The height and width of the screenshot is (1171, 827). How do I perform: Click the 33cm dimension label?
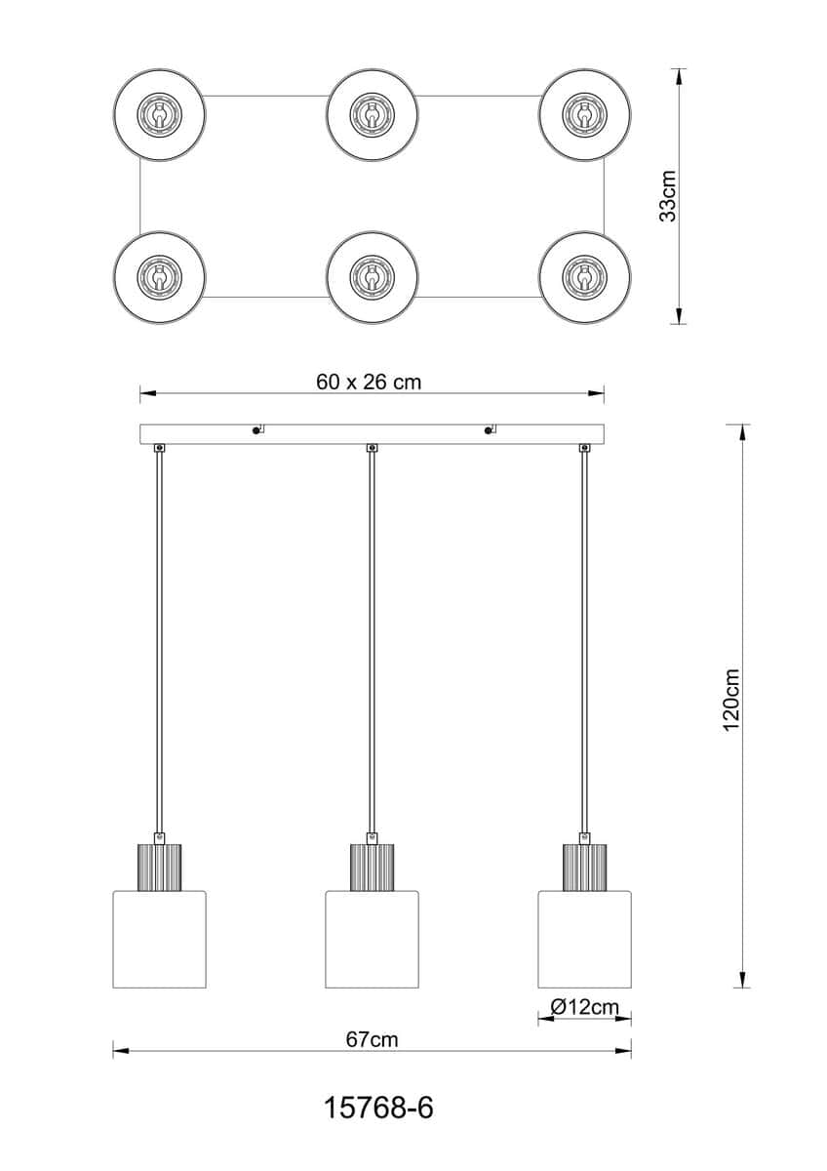click(667, 196)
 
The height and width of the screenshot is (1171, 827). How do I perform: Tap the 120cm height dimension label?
click(731, 701)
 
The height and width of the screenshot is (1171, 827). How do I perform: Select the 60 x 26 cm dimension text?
click(369, 383)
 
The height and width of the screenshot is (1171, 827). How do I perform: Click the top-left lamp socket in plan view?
click(159, 113)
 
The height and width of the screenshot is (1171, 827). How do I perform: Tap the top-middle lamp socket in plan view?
click(372, 113)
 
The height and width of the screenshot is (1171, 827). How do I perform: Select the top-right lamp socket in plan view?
click(584, 113)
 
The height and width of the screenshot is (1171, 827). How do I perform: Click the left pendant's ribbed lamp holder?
click(159, 868)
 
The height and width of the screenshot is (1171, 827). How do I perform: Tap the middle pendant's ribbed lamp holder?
click(372, 868)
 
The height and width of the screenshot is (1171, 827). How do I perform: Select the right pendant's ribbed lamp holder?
click(584, 868)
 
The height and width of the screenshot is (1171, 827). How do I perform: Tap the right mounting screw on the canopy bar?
click(488, 430)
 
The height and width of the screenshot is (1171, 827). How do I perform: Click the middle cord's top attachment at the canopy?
click(372, 448)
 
